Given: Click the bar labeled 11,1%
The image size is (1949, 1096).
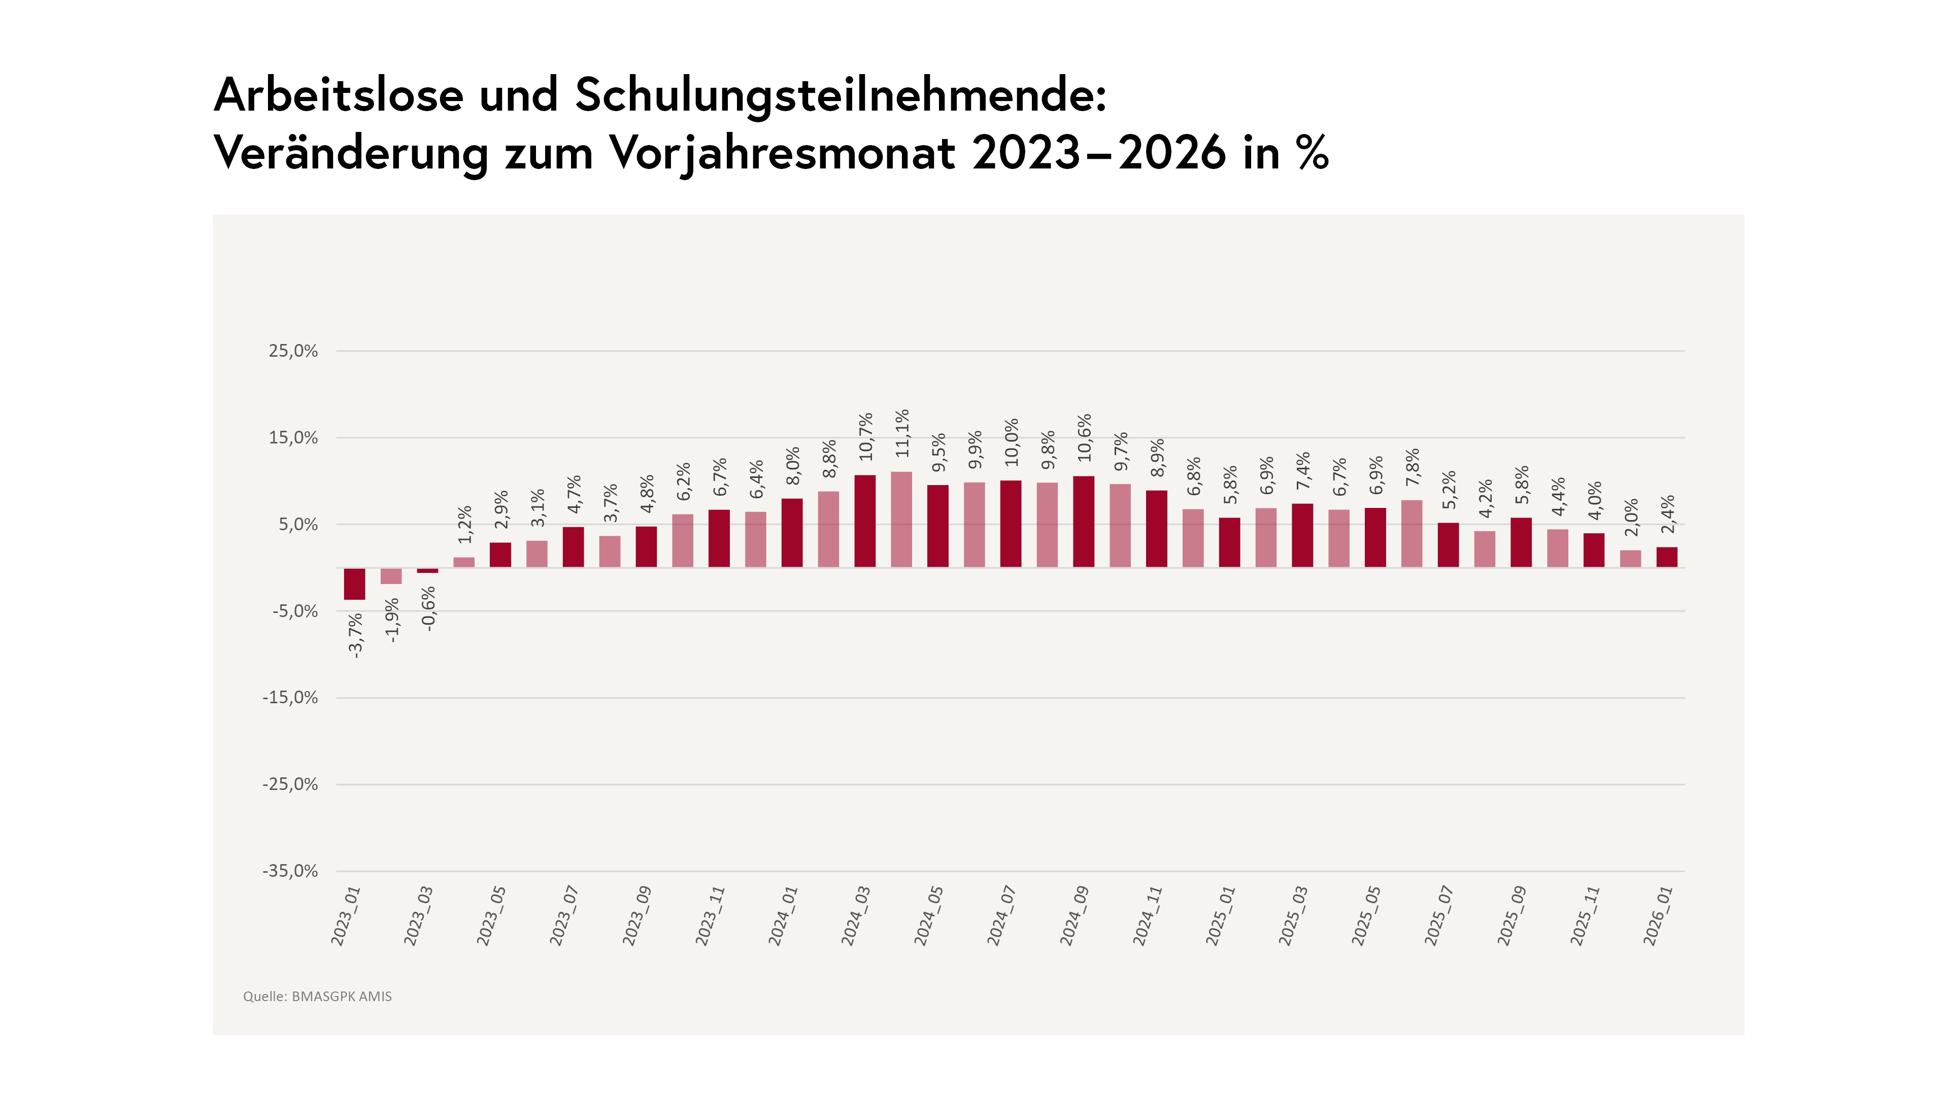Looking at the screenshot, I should (901, 519).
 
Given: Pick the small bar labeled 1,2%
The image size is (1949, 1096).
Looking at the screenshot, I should (464, 562).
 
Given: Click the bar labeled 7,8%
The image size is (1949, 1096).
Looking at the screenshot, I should (1412, 533).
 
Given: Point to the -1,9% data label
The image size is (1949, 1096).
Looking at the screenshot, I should (391, 620).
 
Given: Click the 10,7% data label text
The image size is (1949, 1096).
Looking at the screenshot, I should (865, 436).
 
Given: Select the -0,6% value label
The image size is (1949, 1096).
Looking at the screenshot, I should (428, 609).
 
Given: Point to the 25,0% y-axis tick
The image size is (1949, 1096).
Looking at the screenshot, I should (293, 351).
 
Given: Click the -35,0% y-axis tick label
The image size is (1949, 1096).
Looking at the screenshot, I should (290, 871).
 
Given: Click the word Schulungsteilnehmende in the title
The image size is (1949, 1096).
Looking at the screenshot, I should (840, 95).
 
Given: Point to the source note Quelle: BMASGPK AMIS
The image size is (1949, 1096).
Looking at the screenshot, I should (317, 996).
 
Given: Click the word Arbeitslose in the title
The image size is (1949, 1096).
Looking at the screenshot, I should (338, 95).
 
